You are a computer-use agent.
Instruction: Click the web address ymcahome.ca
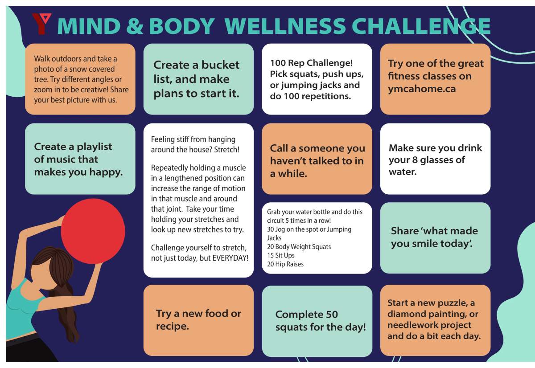tap(422, 89)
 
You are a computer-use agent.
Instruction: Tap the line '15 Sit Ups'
tap(281, 255)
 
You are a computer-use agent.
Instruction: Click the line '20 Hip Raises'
tap(285, 264)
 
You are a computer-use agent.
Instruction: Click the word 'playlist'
tap(91, 147)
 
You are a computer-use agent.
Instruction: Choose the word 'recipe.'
tap(173, 327)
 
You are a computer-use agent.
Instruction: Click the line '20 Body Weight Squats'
tap(299, 247)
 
